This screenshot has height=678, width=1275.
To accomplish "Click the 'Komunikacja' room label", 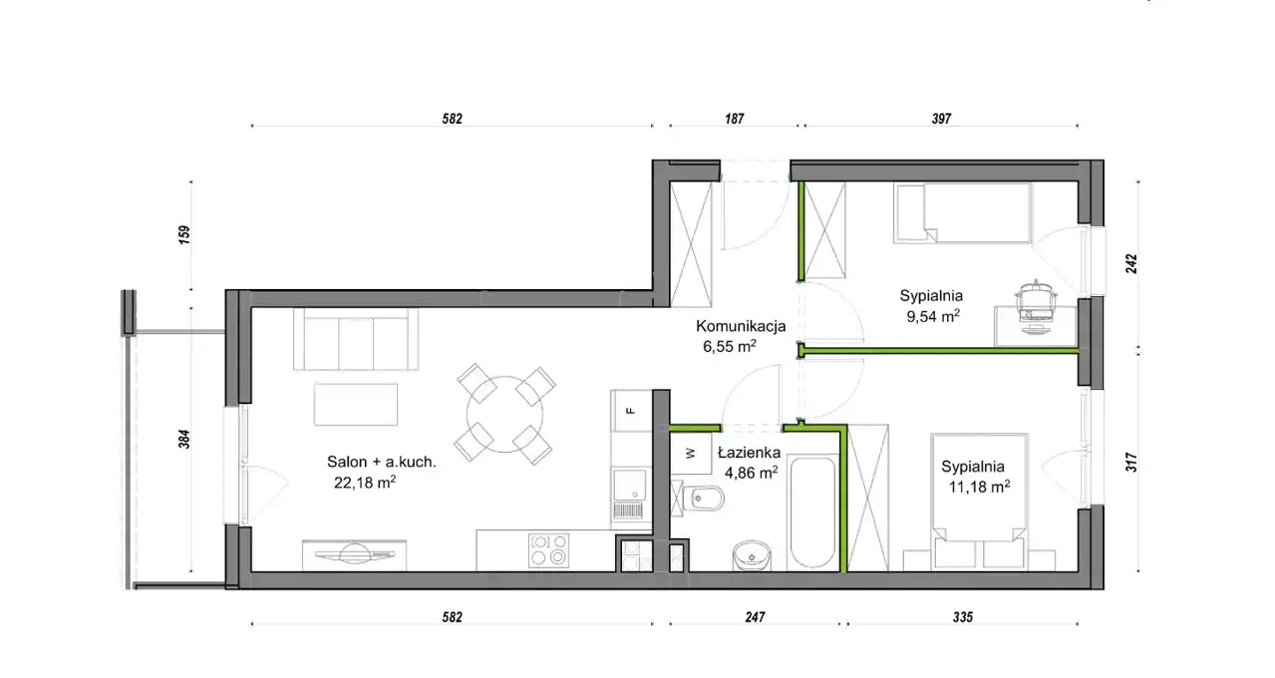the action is coord(741,326).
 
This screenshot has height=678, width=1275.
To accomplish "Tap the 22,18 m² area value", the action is coord(365,483).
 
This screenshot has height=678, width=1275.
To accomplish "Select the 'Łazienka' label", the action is coord(749,453).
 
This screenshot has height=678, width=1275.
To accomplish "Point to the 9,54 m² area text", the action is coord(933,316).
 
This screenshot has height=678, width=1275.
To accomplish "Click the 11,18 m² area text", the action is coord(979,487).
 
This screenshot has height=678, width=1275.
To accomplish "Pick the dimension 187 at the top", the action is coord(735,119).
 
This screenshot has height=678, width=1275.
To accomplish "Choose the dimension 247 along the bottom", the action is coord(755,617).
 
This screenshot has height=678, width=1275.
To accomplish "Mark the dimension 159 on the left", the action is coord(183,235).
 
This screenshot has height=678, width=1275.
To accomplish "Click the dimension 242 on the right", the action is coord(1131,263).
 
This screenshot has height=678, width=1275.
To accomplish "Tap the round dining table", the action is coord(504,414).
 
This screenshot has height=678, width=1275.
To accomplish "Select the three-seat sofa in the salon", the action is coord(356,339).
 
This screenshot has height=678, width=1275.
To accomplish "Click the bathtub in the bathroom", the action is coord(812,511).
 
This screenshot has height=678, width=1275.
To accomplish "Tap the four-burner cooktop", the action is coord(548,550).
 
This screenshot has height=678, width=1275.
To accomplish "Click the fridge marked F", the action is coord(631,411).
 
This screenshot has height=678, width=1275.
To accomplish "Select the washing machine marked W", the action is coord(691,454).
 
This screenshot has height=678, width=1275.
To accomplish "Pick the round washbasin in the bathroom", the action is coord(752,555).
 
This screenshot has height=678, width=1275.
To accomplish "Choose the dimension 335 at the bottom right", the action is coord(963,617).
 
